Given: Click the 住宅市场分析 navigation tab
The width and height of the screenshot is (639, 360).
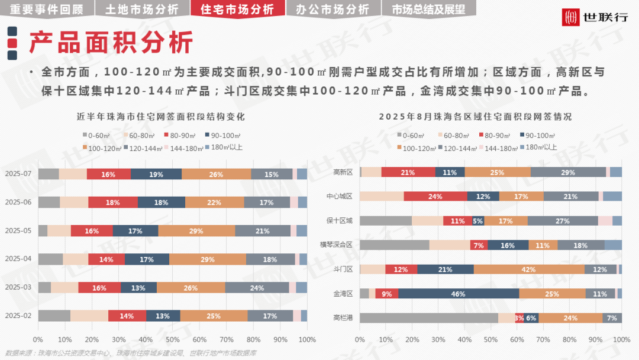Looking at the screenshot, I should pyautogui.click(x=237, y=9).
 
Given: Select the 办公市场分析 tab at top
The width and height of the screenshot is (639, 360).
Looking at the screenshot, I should pyautogui.click(x=332, y=9).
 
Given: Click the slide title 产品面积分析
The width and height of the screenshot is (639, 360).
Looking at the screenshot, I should pyautogui.click(x=111, y=43).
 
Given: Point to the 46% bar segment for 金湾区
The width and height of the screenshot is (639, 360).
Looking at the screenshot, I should pyautogui.click(x=459, y=294).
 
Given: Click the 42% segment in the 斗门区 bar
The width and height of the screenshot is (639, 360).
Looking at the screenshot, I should pyautogui.click(x=529, y=269).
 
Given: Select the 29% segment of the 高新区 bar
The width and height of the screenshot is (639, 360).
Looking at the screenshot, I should pyautogui.click(x=568, y=172).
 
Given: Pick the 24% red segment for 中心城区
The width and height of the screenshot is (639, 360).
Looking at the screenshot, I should pyautogui.click(x=435, y=197).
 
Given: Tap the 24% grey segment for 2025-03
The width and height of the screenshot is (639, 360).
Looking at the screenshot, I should pyautogui.click(x=257, y=288).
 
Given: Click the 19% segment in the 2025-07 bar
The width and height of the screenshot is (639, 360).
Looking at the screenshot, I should pyautogui.click(x=156, y=174).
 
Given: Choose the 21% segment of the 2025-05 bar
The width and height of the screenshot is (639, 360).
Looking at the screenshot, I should pyautogui.click(x=263, y=231).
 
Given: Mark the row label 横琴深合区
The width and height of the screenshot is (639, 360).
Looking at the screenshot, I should pyautogui.click(x=336, y=245).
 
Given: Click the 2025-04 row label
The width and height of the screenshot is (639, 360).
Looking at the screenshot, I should pyautogui.click(x=18, y=259).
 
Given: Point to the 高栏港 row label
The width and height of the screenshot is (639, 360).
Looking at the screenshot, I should pyautogui.click(x=343, y=318).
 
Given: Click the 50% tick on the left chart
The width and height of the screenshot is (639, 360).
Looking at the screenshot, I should pyautogui.click(x=173, y=340).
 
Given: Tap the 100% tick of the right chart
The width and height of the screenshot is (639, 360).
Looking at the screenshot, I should pyautogui.click(x=621, y=340).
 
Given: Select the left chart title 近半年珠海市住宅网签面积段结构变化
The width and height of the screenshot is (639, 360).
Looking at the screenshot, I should pyautogui.click(x=161, y=117).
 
